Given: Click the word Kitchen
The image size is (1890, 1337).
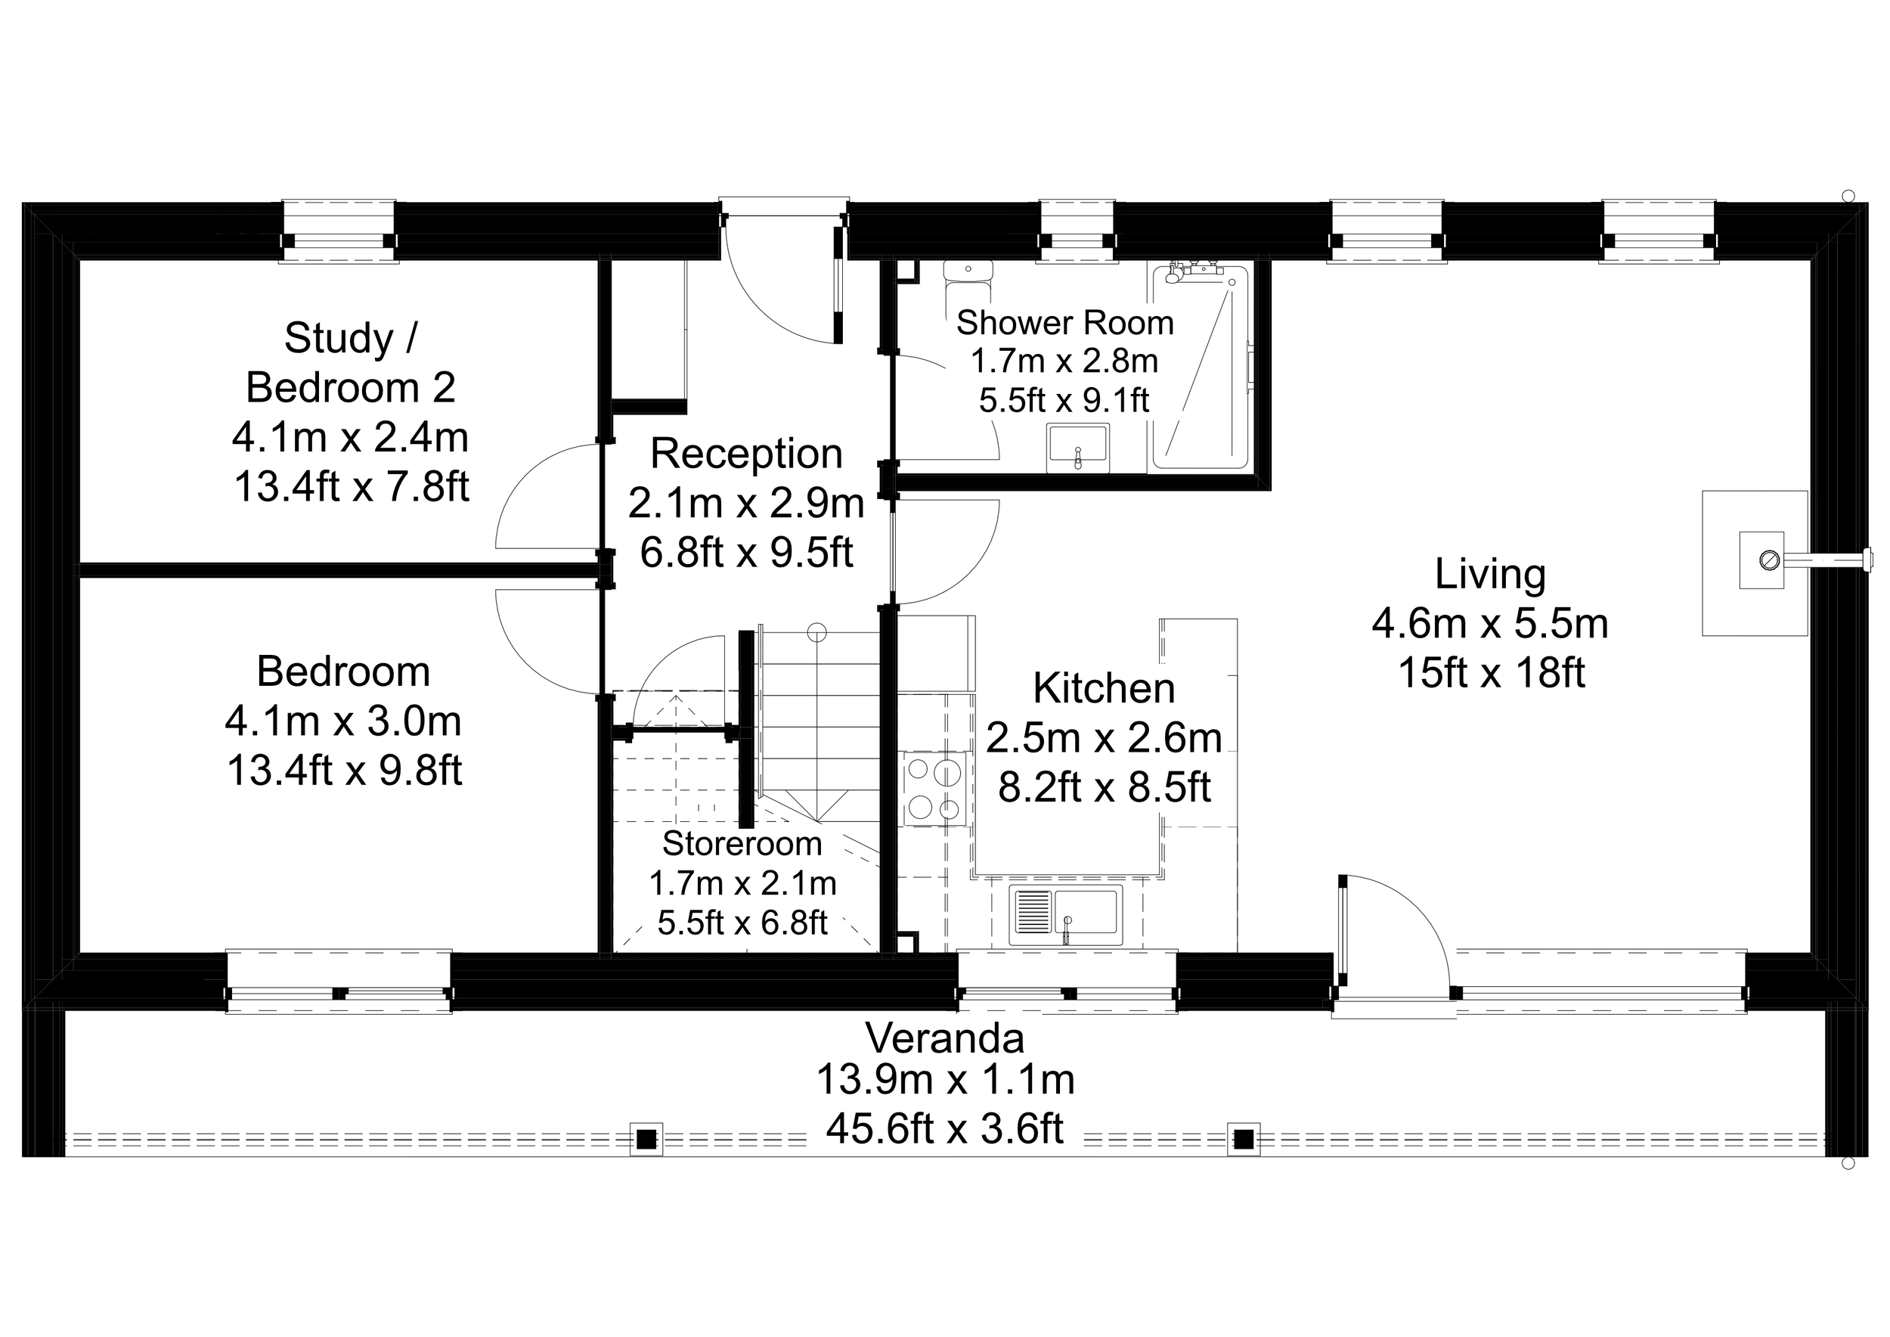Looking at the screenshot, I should coord(1103,688).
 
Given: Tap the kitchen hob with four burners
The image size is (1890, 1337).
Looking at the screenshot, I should coord(934,788).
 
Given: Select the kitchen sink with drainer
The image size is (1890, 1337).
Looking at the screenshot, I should coord(1065,916).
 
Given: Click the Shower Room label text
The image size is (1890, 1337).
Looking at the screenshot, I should coord(1064,323).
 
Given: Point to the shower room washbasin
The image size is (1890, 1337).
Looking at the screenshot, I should coord(1077,448).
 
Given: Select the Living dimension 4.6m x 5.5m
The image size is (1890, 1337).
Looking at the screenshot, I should coord(1489,623).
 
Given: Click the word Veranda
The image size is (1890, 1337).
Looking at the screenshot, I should coord(944,1038).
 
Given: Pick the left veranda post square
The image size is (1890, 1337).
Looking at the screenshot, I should coord(646,1140).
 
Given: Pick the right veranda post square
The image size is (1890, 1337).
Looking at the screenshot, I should coord(1243,1140).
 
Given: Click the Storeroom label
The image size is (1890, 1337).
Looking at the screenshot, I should coord(742,844).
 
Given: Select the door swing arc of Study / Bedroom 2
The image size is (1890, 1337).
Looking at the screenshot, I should coord(535,494).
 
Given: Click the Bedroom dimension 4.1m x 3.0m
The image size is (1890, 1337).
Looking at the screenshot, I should coord(342,721).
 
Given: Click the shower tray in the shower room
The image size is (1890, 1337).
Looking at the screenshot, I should coord(1199,369).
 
